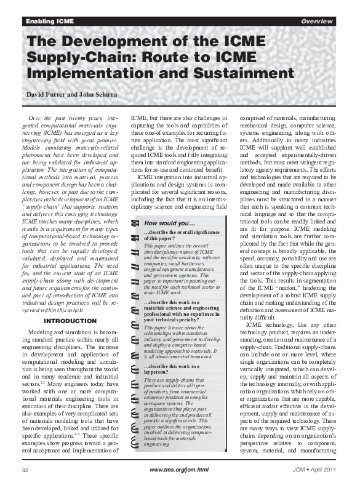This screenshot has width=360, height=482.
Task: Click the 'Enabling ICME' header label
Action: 49,22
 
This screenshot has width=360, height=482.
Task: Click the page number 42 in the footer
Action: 26,470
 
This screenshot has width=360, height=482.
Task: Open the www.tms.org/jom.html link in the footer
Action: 179,470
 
